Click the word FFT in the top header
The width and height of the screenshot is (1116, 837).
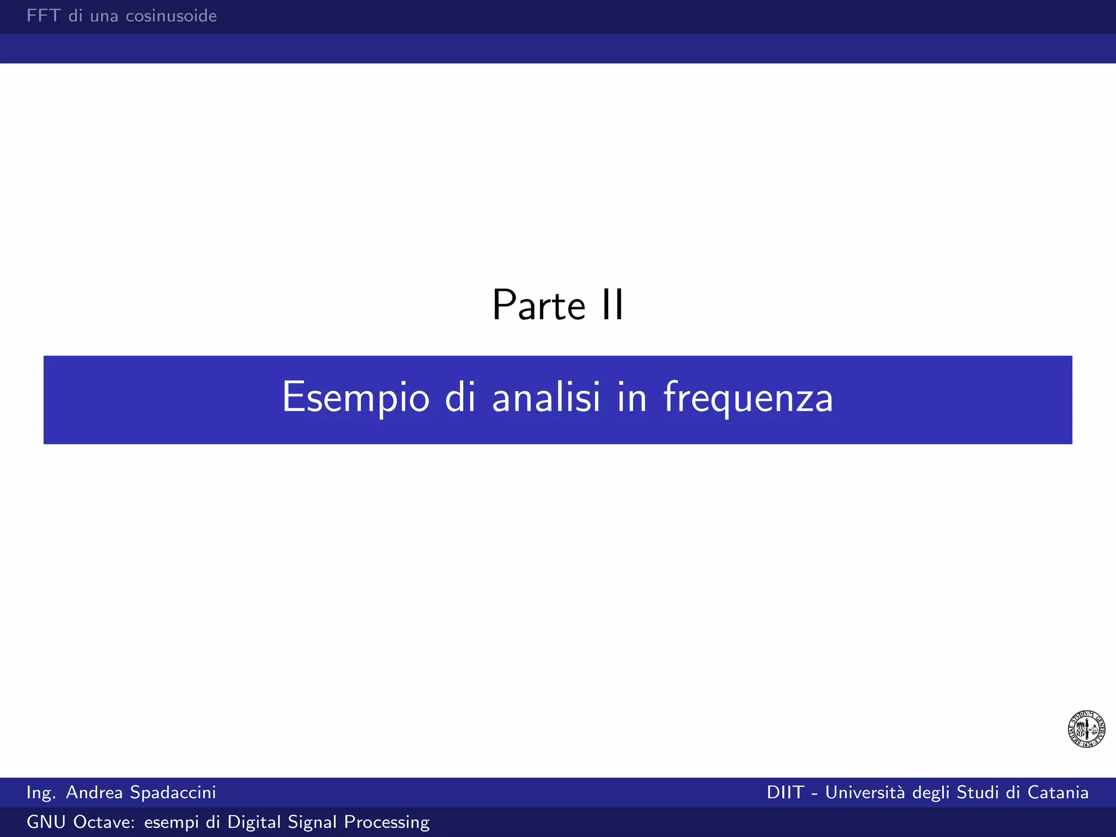click(44, 16)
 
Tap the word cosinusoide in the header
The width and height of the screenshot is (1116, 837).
click(171, 16)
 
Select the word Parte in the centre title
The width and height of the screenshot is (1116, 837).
click(538, 305)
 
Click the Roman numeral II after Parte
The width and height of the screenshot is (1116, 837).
click(612, 305)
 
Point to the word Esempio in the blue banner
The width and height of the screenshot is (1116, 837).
click(356, 398)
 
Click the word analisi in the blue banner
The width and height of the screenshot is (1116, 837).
click(546, 398)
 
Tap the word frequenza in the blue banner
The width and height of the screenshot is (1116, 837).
click(748, 398)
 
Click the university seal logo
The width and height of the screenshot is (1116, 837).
click(1086, 729)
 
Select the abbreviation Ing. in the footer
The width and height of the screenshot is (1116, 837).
click(41, 792)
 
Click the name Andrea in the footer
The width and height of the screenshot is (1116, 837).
click(94, 792)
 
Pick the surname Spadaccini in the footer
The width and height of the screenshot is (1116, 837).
click(173, 792)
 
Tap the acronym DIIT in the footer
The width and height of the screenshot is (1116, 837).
click(785, 792)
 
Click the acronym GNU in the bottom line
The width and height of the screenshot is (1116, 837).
click(47, 822)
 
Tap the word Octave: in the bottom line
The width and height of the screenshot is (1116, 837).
click(104, 822)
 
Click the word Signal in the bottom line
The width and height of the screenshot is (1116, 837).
click(312, 822)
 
